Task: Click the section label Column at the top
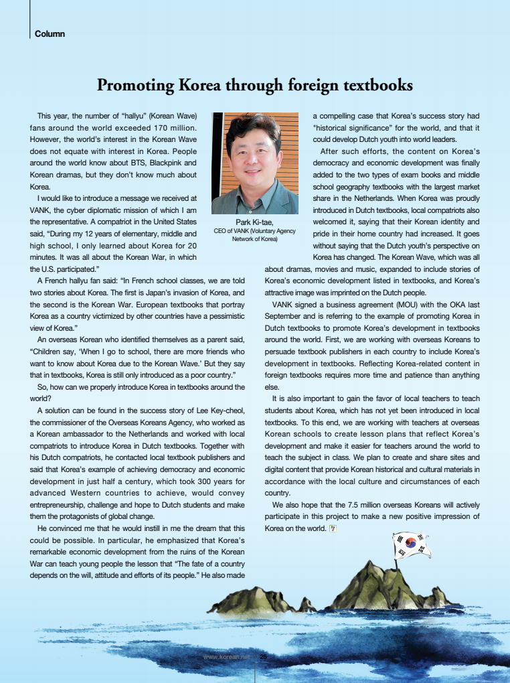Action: [x=50, y=33]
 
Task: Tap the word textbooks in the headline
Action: [x=375, y=86]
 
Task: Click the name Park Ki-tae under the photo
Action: [x=254, y=222]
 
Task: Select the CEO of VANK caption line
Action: [x=254, y=232]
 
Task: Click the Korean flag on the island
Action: [x=411, y=545]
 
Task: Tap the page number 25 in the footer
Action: [x=263, y=657]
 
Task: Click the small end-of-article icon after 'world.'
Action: [x=333, y=528]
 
